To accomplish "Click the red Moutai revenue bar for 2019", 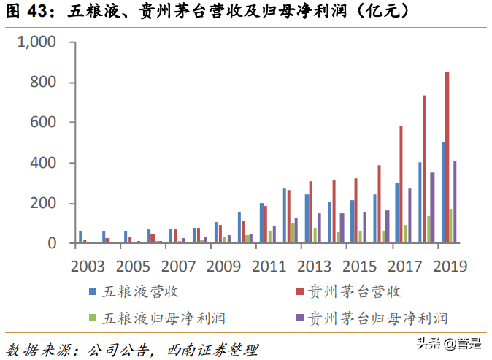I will point(447,158).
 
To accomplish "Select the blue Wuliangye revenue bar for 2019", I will point(442,193).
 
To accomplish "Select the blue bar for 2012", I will point(285,216).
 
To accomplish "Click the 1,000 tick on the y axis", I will point(36,42).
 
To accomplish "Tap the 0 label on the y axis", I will point(52,243).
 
